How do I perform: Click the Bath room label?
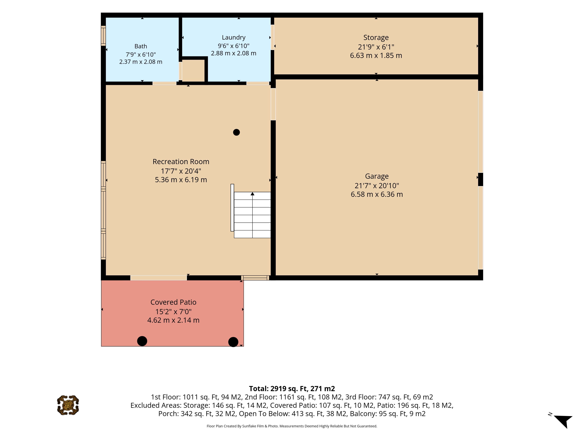(141, 46)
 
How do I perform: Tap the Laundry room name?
(234, 38)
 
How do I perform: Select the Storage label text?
(376, 38)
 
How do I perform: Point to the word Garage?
(377, 176)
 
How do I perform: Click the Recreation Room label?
(181, 162)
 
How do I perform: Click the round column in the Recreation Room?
(236, 132)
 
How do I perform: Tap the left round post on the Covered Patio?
(142, 341)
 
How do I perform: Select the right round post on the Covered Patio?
(233, 342)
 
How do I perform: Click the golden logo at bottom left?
(68, 405)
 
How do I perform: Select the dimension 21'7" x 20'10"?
(377, 186)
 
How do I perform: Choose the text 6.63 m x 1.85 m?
(376, 56)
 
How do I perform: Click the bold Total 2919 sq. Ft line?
(292, 389)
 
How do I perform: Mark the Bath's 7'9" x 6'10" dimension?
(141, 55)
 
